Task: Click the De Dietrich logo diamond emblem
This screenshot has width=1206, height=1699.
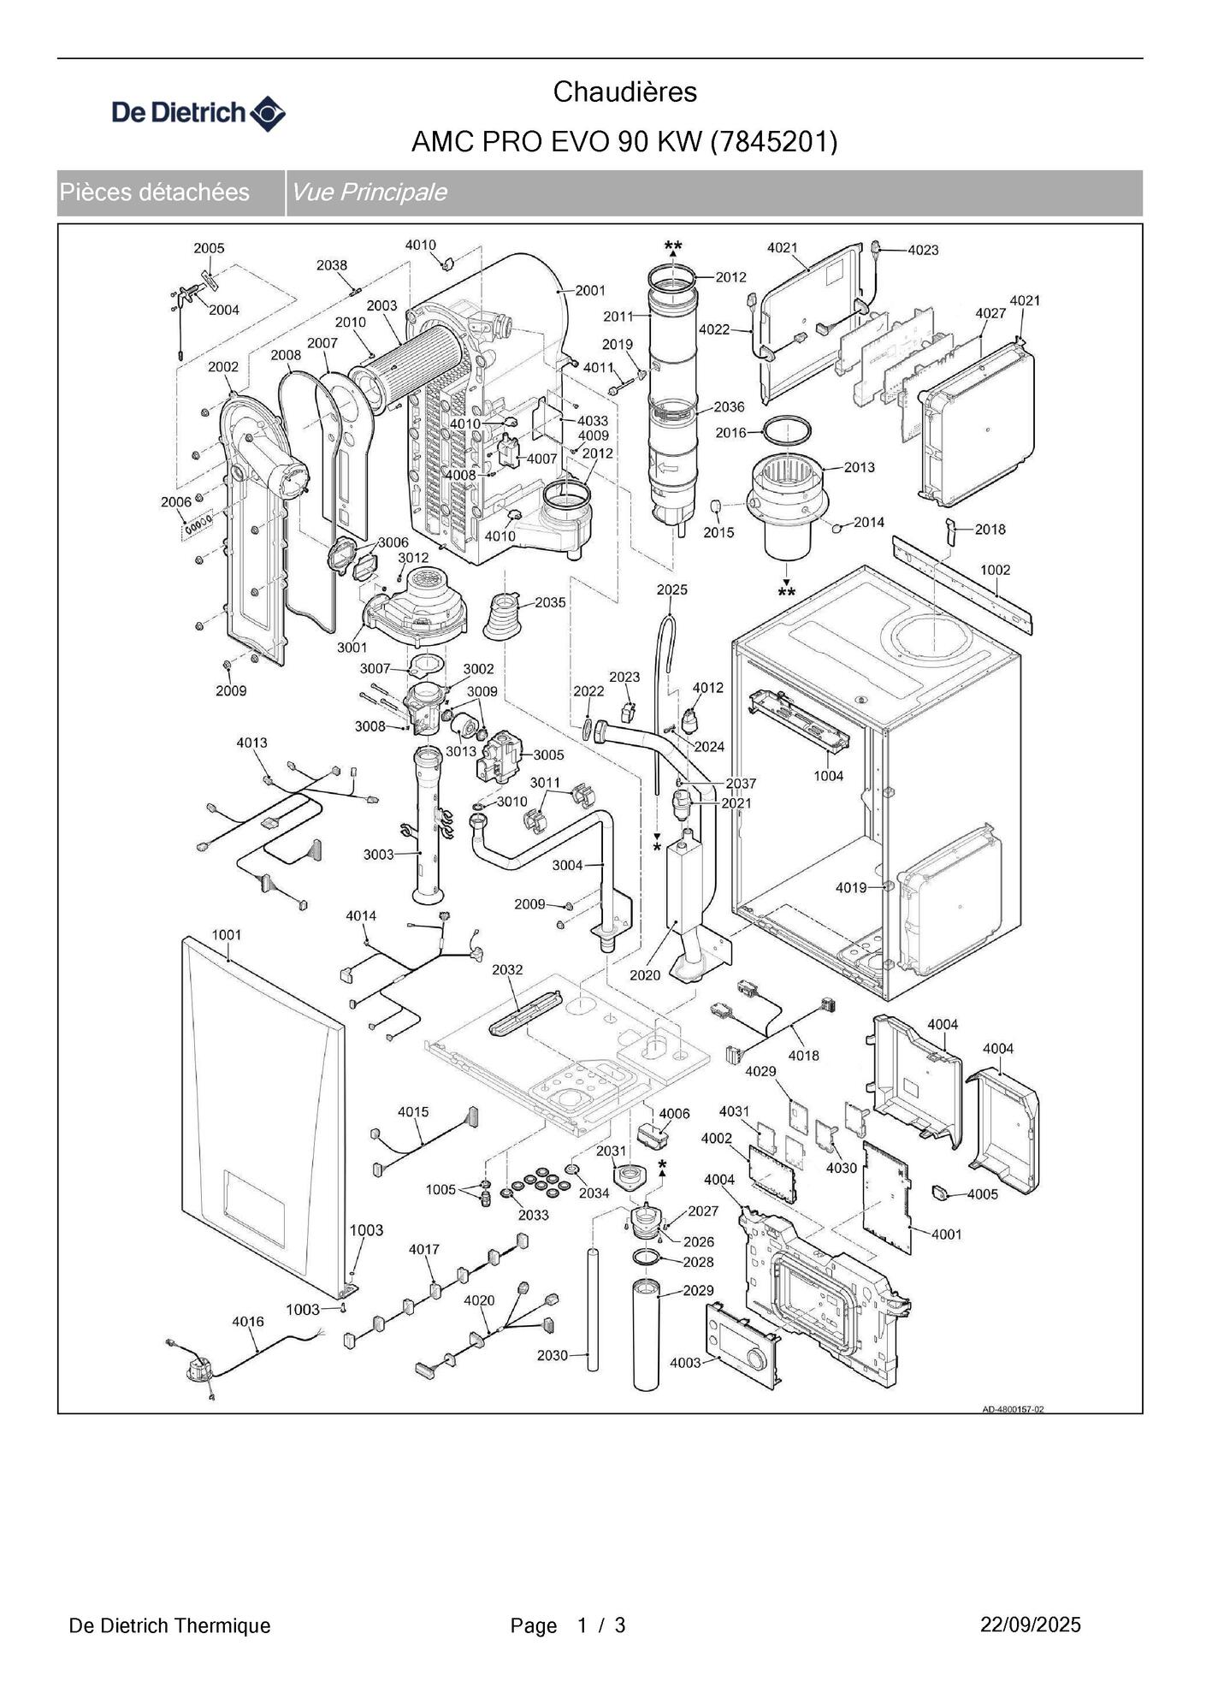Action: point(268,113)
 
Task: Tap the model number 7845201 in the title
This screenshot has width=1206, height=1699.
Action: point(773,141)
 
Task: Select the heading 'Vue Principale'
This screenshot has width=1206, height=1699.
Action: point(369,192)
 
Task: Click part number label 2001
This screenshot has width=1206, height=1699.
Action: point(590,291)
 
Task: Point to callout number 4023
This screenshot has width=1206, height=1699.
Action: point(923,250)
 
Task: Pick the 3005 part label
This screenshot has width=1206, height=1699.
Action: point(548,755)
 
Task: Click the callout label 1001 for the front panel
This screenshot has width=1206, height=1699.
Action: point(227,935)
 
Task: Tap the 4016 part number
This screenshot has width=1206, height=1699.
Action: point(248,1322)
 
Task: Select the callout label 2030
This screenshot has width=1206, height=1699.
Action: point(553,1355)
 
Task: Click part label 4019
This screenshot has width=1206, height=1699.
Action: point(851,888)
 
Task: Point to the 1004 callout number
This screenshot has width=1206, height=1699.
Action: point(828,776)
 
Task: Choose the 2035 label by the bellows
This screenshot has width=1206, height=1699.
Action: point(550,602)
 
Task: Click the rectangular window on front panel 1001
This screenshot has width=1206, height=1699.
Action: point(254,1206)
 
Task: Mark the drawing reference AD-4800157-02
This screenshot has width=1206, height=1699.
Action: point(1013,1409)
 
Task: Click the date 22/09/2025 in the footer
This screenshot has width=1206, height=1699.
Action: point(1030,1625)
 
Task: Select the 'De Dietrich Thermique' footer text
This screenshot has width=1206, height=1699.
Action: point(169,1625)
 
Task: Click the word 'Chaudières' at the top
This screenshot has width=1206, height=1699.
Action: point(624,92)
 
